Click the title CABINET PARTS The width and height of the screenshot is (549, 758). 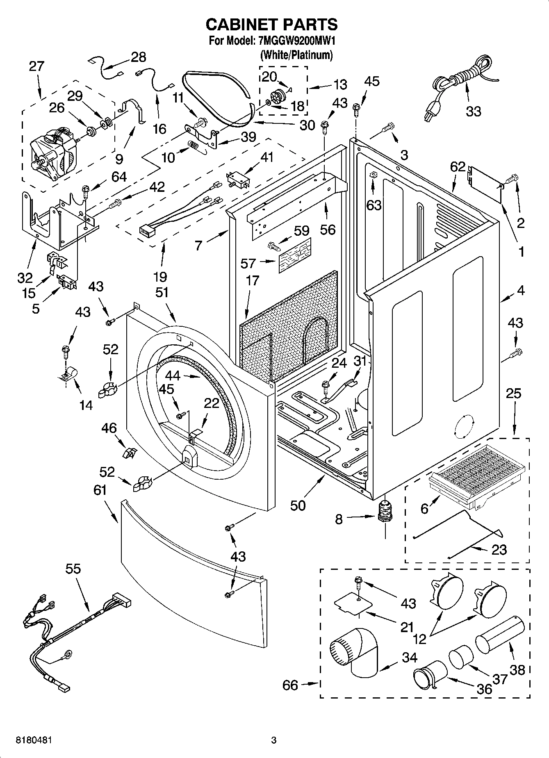[x=271, y=25]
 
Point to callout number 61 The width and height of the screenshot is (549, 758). [x=100, y=490]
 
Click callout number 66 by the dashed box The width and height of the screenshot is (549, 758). [x=290, y=685]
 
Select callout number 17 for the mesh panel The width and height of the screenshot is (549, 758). [x=253, y=280]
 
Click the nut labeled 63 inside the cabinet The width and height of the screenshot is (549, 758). [x=373, y=175]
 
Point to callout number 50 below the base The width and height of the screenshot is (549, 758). [x=298, y=505]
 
